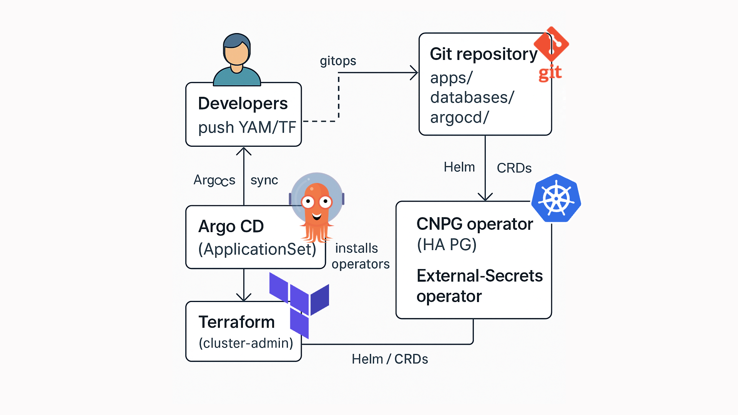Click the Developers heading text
coord(243,103)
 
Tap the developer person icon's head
coord(236,50)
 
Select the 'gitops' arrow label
coord(338,61)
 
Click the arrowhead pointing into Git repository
coord(414,73)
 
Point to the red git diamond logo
coord(552,44)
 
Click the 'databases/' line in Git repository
coord(472,98)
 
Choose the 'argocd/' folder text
coord(459,118)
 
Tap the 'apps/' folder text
coord(451,78)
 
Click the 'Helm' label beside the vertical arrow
coord(459,167)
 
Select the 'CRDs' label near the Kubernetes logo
coord(514,168)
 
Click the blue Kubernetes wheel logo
coord(556,198)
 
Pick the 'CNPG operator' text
coord(474,224)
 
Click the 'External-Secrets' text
coord(479,276)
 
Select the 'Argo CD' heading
coord(231,226)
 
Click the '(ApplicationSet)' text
coord(257,249)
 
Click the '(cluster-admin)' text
coord(246,343)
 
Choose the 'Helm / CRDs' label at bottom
coord(389,359)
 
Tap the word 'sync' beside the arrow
coord(264,180)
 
